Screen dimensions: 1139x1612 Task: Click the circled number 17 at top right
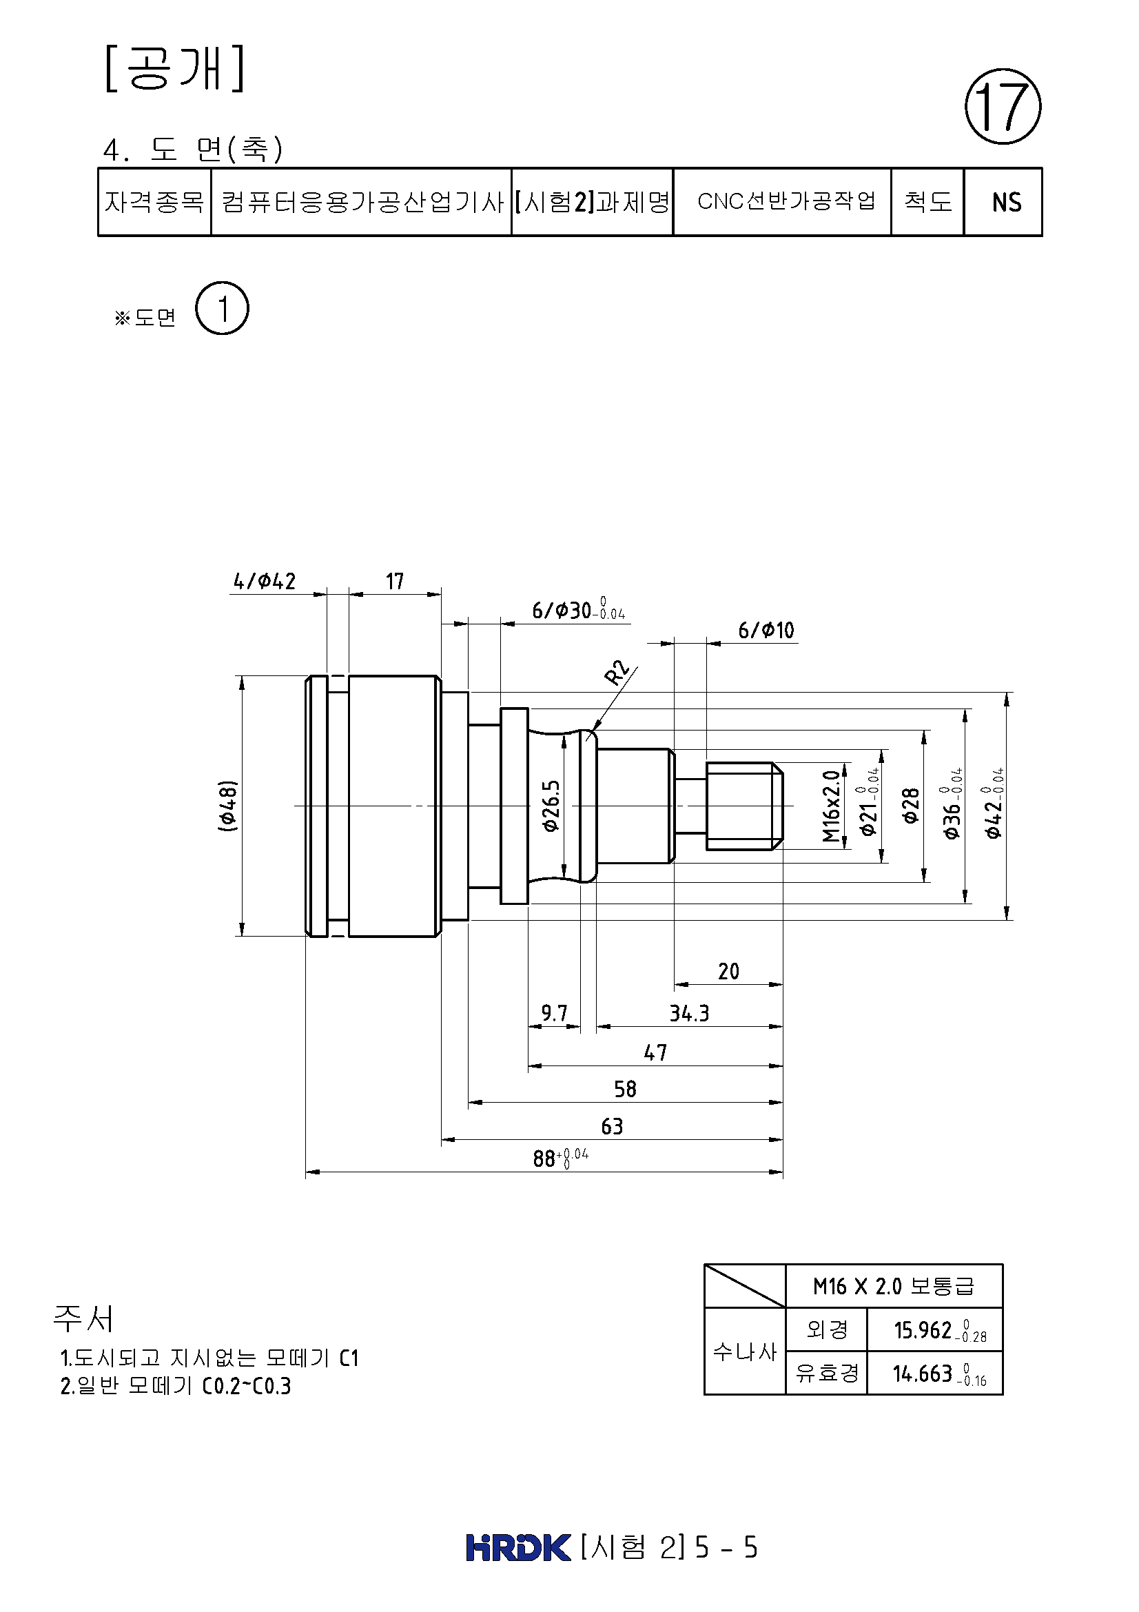click(x=1003, y=107)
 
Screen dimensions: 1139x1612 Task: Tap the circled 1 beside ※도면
click(x=223, y=308)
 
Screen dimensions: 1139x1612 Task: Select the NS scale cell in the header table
click(x=1003, y=202)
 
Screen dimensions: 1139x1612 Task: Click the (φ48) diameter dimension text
click(x=227, y=806)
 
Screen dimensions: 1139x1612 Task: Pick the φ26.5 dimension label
click(x=552, y=806)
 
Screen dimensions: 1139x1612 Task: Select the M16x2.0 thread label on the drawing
click(x=832, y=806)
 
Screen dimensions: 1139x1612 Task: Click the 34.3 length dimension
click(x=689, y=1013)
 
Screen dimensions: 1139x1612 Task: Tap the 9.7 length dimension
click(x=554, y=1013)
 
